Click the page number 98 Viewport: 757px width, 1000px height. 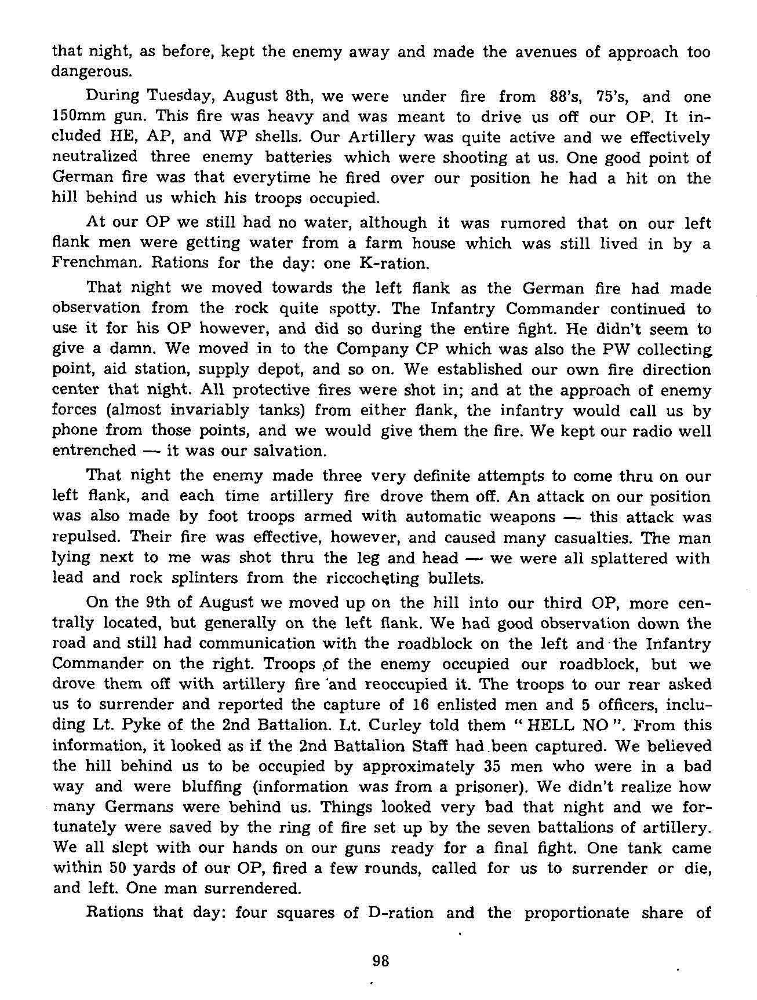(380, 961)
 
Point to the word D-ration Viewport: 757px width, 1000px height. (401, 913)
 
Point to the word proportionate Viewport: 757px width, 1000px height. (576, 913)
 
